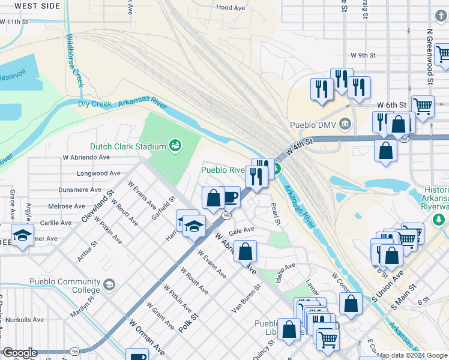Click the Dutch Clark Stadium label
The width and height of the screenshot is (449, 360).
[x=128, y=146]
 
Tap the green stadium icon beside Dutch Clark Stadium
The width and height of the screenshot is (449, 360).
[x=175, y=145]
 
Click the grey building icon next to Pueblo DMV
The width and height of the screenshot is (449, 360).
[x=345, y=125]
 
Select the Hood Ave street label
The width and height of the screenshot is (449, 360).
[x=231, y=8]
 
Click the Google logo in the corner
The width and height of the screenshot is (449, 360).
[x=20, y=353]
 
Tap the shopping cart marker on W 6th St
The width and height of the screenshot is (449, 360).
[x=423, y=106]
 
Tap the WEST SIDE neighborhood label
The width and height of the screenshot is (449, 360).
[x=37, y=5]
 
